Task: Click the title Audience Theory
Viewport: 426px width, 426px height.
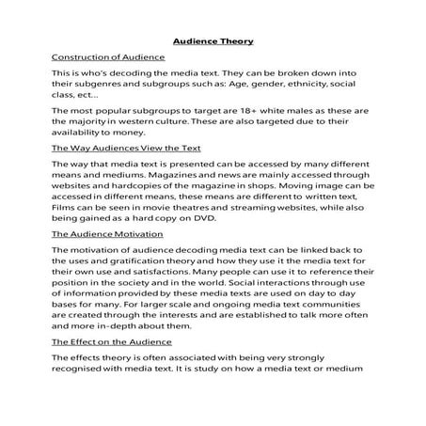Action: tap(213, 41)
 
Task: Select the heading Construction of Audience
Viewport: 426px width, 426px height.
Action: tap(108, 57)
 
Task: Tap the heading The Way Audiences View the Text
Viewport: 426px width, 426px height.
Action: tap(125, 149)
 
